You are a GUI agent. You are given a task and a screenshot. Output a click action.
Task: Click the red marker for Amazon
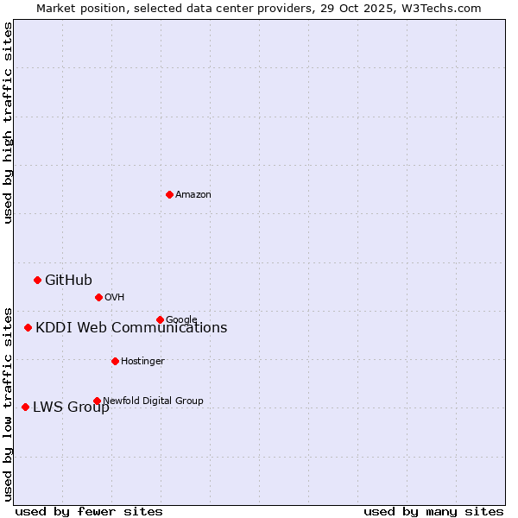[x=169, y=194]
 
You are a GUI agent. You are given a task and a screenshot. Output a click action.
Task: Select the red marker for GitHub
[x=37, y=280]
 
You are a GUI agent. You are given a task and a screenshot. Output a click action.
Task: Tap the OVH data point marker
[x=98, y=297]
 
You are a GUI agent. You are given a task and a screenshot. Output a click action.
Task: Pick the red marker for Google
[x=160, y=319]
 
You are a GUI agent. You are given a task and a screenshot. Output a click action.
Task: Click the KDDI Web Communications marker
[x=28, y=327]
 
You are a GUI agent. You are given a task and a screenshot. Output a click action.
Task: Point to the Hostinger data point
[x=115, y=361]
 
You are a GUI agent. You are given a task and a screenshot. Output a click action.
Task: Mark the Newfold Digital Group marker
[x=97, y=401]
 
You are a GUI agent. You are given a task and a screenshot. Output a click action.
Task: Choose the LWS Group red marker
[x=25, y=407]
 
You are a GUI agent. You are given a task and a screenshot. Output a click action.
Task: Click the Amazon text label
[x=193, y=195]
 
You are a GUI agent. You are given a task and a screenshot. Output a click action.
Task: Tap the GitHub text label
[x=68, y=280]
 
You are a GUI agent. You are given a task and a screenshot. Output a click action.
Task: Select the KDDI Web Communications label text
[x=131, y=328]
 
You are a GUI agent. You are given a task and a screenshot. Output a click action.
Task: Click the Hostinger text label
[x=142, y=361]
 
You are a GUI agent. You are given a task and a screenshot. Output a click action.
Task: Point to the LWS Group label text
[x=71, y=407]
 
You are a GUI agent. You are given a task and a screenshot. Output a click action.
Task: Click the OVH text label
[x=115, y=298]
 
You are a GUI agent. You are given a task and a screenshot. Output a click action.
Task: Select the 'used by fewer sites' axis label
[x=89, y=511]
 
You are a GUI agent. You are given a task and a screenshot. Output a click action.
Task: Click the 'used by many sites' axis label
[x=433, y=511]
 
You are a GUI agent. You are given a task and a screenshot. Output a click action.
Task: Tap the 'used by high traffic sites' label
[x=8, y=123]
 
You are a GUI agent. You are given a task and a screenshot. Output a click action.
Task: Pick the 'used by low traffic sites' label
[x=8, y=403]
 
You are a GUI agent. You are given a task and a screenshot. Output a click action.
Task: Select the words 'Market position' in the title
[x=76, y=8]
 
